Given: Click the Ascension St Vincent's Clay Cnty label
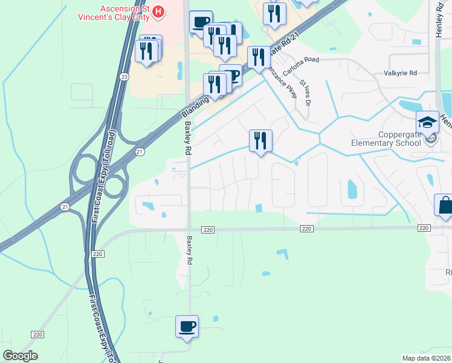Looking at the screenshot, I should pos(115,11).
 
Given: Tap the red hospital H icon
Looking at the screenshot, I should pos(158,10).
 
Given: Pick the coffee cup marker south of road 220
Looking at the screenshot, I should pos(187,326).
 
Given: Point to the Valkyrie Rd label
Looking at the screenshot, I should pos(401,73).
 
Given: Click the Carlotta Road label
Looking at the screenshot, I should pos(303,60).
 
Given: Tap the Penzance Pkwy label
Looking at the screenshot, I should pos(287,82).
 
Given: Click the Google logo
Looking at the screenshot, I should pos(21,356).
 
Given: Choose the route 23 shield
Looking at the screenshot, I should pos(124,77).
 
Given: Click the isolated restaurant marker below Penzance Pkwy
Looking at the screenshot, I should pos(260,141).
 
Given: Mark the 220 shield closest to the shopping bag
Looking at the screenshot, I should pos(423,228).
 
